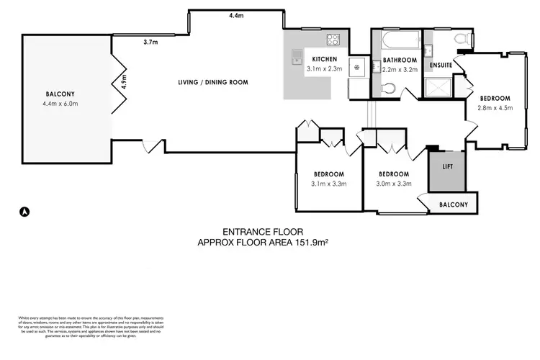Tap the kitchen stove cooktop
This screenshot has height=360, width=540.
point(333,40)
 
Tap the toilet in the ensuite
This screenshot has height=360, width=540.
point(464,39)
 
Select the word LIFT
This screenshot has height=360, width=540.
point(447,166)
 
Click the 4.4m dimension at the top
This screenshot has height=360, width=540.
point(236,15)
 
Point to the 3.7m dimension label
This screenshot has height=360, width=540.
point(150,42)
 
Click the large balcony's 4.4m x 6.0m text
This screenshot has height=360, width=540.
point(60,104)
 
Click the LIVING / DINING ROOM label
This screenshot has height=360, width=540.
point(213,82)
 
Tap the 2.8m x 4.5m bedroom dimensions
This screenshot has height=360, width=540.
point(495,109)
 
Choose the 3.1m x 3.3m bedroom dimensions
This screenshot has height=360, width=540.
point(328,184)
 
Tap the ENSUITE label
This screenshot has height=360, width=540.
point(441,66)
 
